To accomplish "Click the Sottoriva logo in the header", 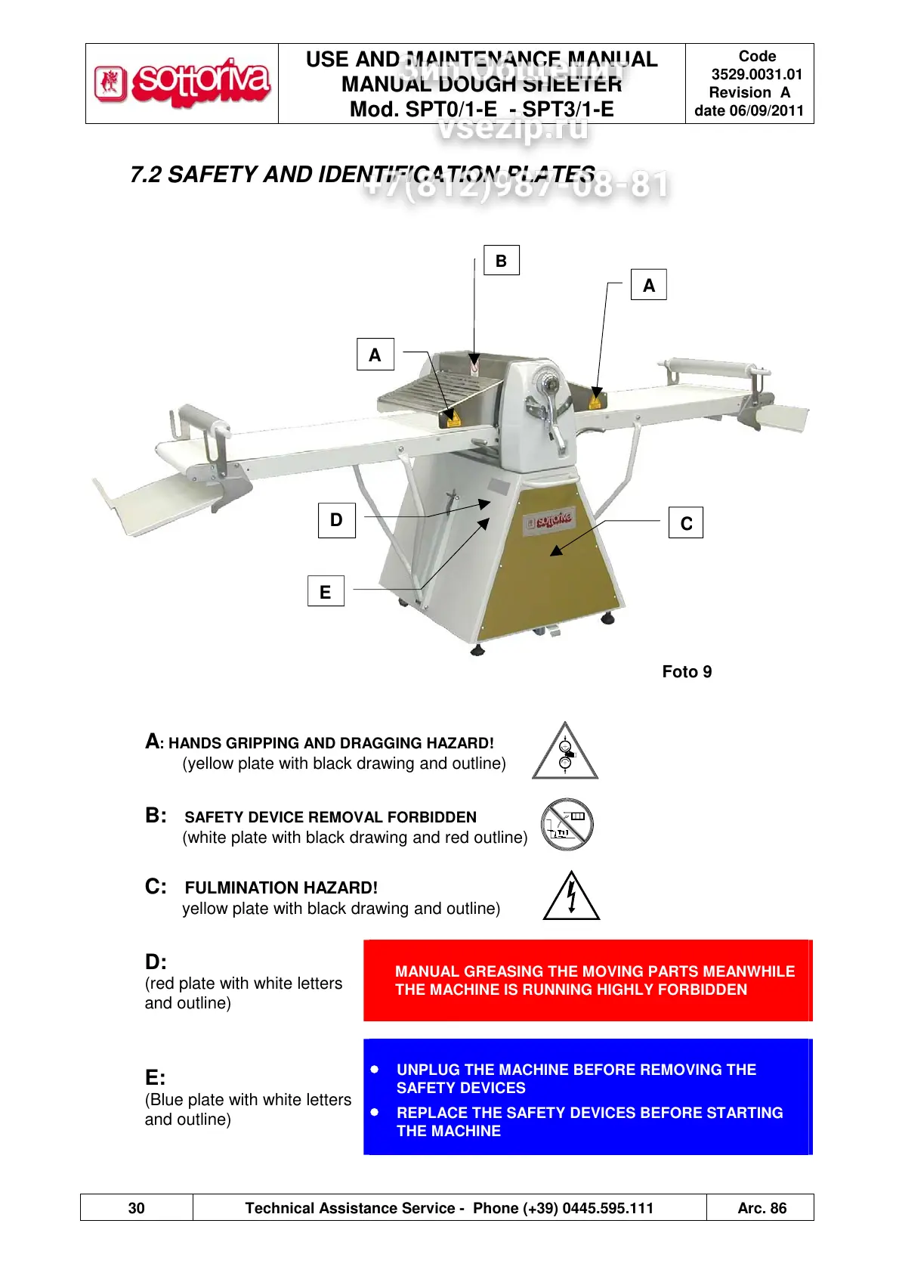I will point(182,83).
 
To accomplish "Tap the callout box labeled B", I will point(501,261).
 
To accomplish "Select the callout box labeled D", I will point(336,520).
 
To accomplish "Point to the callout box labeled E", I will point(326,592).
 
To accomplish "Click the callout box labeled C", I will point(686,523).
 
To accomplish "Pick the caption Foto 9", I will point(687,672).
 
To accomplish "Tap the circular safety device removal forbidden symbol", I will point(567,824).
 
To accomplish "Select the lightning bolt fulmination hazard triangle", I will point(572,897).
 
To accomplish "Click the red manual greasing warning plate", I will point(587,980).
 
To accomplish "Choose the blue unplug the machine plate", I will point(587,1098).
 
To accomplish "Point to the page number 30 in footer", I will point(137,1208).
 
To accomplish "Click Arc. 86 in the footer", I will point(762,1208).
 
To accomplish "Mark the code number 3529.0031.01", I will point(756,74).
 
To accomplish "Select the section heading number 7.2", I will point(146,175).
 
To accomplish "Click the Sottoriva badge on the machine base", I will point(550,520).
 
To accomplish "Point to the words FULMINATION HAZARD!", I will point(281,887).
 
